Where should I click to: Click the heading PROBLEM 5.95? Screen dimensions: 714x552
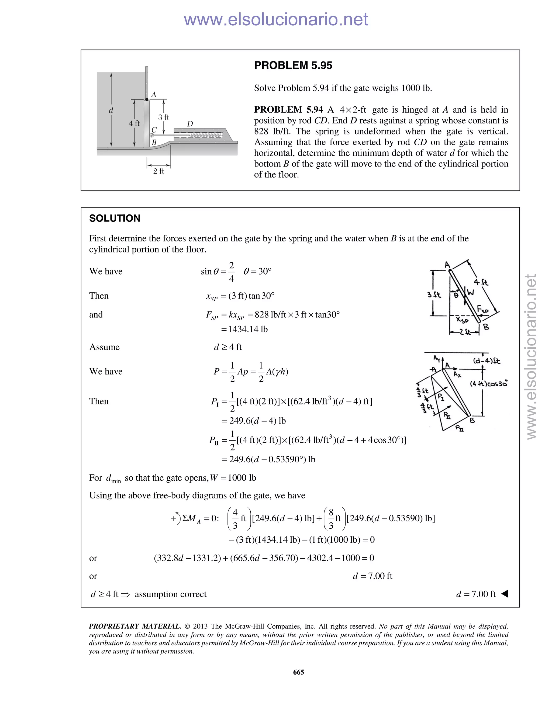(293, 66)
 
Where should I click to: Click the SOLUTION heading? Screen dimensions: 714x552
(115, 219)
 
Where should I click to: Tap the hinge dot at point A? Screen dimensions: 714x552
(147, 99)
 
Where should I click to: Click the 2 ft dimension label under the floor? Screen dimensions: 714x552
(158, 171)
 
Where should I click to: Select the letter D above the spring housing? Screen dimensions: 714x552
(190, 124)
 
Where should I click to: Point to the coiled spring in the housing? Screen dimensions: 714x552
(206, 135)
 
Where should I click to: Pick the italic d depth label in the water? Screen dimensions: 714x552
(111, 110)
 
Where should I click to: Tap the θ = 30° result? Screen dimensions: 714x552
(257, 271)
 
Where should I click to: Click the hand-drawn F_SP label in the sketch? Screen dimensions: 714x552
(482, 309)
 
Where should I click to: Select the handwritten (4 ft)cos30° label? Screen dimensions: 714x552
(489, 383)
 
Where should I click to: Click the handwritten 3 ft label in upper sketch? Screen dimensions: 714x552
(434, 294)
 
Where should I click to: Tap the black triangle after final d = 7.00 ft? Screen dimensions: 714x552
(505, 593)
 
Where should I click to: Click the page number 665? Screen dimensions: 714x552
(298, 672)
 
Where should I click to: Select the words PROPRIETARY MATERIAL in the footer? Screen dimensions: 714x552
(135, 626)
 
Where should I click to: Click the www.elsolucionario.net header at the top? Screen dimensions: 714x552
(276, 19)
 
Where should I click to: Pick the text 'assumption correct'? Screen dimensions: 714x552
(170, 594)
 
